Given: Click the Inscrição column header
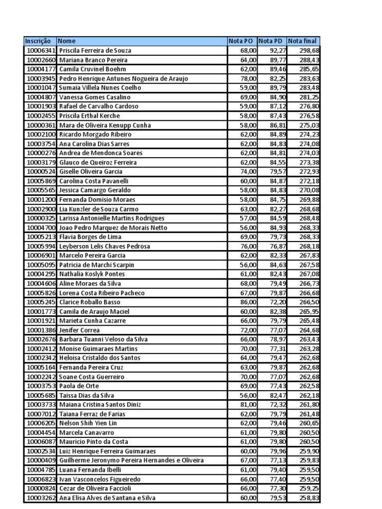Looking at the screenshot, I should [40, 41].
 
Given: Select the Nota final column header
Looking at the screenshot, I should [303, 41].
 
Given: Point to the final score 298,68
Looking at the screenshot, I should [309, 50].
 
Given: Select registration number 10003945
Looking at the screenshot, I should [40, 79].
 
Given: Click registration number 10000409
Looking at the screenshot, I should [40, 460].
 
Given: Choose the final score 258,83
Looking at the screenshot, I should [309, 498].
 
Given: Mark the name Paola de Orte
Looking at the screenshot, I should [79, 386].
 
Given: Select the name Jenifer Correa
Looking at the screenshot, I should [80, 330].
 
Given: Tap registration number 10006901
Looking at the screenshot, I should [40, 255].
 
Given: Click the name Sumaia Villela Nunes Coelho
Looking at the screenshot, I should [100, 87].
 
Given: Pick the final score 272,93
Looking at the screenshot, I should [309, 171].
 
